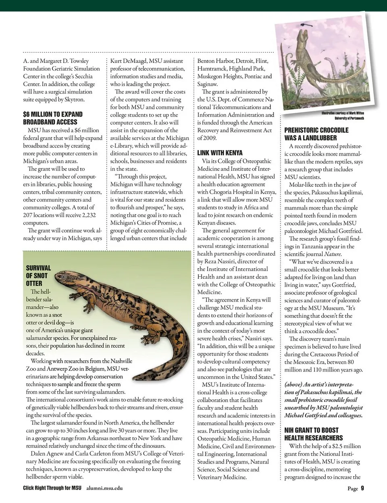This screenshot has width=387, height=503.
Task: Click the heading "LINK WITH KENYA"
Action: tap(220, 153)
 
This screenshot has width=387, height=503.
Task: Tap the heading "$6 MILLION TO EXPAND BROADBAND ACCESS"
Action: tap(52, 118)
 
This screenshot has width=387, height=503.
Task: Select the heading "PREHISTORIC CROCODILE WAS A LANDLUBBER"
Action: tap(316, 134)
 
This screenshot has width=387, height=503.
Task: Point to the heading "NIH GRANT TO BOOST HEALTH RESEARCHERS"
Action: tap(314, 434)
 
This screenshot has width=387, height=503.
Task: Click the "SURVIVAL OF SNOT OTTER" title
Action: tap(38, 276)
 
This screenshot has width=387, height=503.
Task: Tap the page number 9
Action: tap(362, 488)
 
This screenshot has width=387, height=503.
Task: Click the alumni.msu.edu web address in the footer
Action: tap(104, 488)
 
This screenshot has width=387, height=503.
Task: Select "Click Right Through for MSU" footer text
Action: tap(52, 488)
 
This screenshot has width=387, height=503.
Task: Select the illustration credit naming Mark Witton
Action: tap(343, 115)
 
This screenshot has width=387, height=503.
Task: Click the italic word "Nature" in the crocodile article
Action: tap(333, 254)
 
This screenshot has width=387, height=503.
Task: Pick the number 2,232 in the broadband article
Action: tap(86, 215)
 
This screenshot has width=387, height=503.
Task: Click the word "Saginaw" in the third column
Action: tap(207, 84)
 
